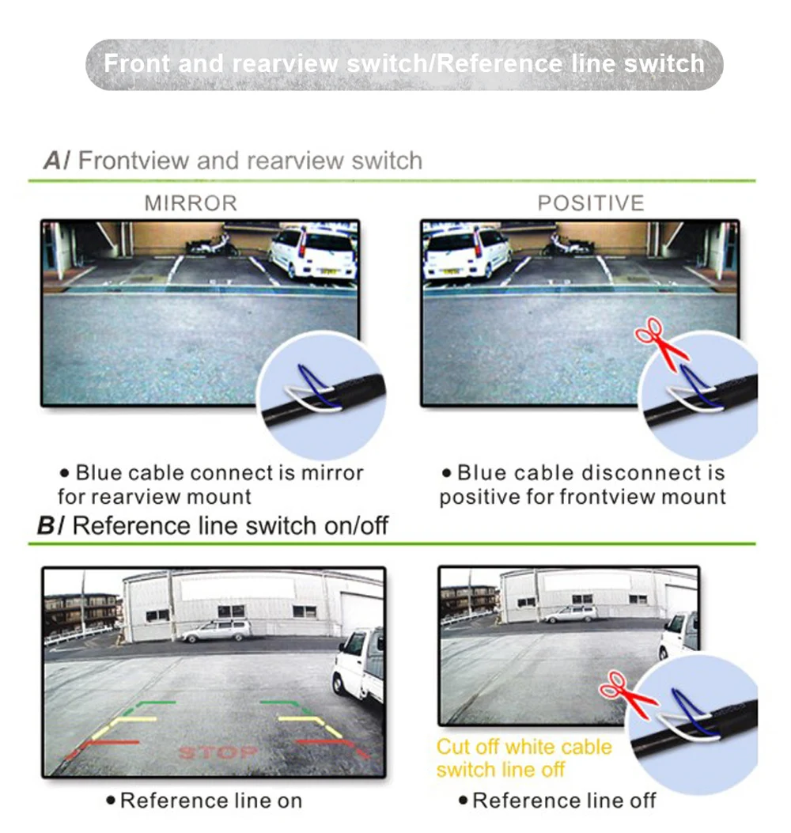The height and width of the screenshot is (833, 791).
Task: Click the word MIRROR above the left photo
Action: point(190,203)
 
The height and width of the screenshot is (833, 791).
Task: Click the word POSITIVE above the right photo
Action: point(591,203)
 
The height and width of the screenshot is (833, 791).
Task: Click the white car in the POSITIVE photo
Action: point(467,254)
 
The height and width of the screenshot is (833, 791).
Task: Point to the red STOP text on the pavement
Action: point(218,752)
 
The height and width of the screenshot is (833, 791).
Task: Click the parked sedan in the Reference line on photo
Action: point(216,630)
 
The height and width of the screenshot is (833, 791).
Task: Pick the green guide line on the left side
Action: point(149,706)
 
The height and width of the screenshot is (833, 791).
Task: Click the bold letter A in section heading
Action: point(53,161)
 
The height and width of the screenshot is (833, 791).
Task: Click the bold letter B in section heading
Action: point(46,525)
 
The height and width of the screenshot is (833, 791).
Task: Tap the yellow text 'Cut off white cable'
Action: point(524,747)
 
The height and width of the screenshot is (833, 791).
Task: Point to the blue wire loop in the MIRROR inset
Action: point(316,385)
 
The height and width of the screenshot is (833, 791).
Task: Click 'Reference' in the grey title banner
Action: point(500,64)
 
